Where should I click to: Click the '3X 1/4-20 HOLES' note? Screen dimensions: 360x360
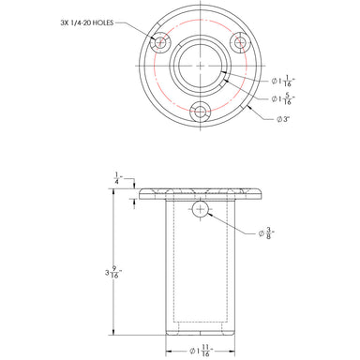pos(87,22)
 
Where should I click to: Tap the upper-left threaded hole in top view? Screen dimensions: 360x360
pos(160,42)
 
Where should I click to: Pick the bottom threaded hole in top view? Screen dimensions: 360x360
pos(201,112)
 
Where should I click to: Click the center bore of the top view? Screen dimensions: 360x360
pos(201,66)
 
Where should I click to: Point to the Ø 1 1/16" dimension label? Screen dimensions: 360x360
pos(283,82)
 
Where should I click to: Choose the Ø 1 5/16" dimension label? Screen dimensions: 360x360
pos(283,99)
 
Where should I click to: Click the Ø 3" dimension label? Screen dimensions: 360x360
pos(284,119)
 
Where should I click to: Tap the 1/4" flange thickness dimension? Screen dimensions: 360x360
pos(118,178)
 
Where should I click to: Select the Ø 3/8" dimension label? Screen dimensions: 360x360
pos(266,233)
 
